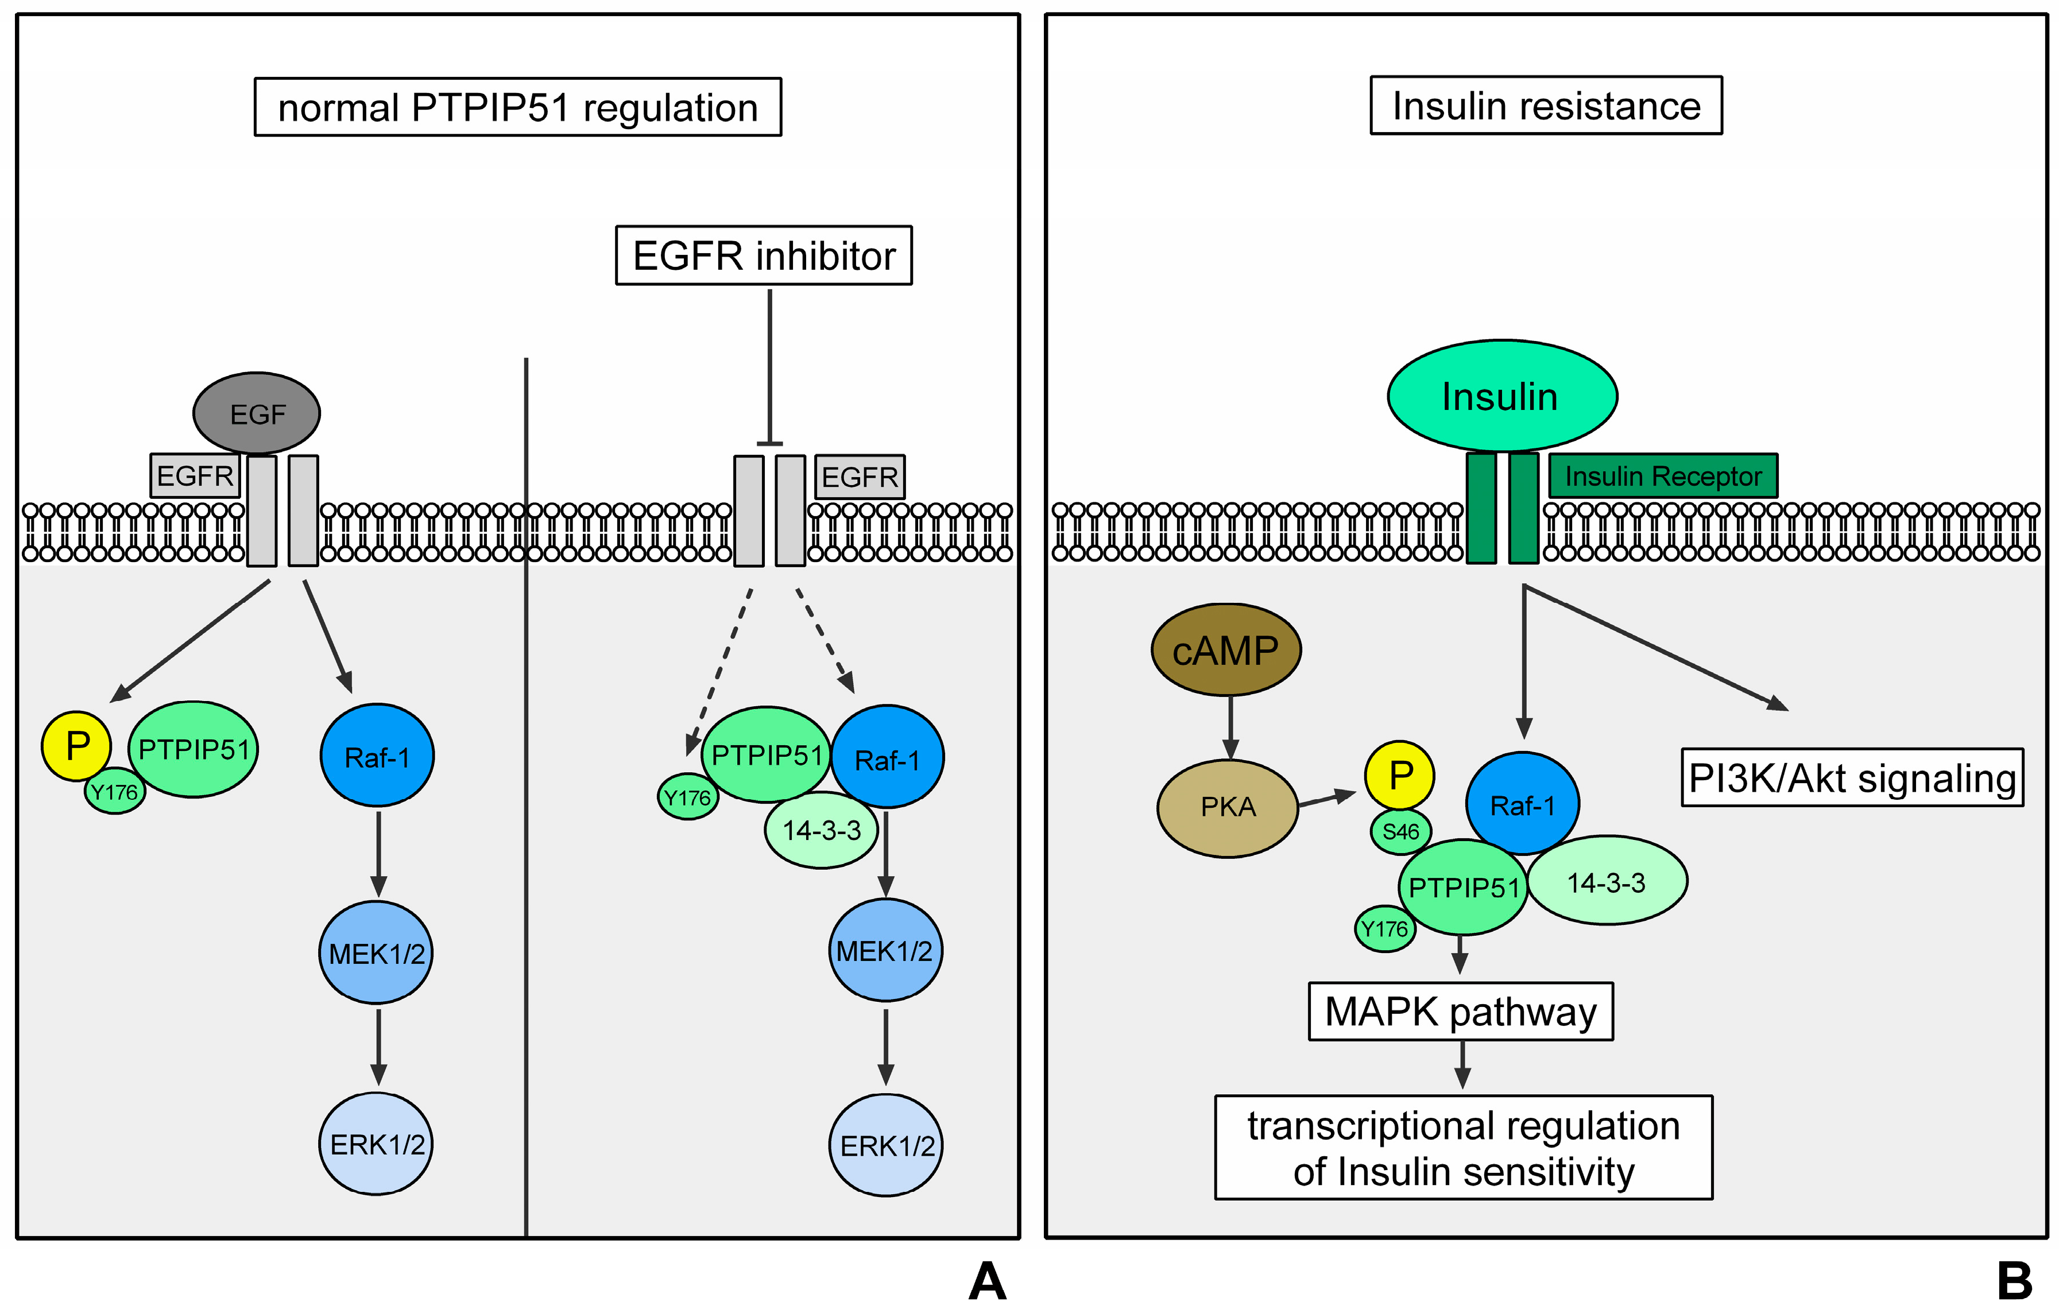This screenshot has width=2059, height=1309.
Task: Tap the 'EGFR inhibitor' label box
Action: pos(764,255)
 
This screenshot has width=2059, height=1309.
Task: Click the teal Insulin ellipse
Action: pos(1501,396)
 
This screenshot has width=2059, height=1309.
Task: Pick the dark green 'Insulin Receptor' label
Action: pos(1662,476)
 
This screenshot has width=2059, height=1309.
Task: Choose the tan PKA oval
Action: pos(1228,807)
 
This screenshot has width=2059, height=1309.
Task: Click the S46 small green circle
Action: pos(1400,831)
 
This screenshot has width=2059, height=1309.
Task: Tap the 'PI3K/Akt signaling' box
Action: pos(1852,778)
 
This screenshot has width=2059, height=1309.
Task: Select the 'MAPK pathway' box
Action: pos(1461,1012)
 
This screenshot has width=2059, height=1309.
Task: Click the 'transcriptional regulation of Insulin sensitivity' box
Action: pos(1463,1148)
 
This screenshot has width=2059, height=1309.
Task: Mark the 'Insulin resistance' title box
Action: pos(1546,106)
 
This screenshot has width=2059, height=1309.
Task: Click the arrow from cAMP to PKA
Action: pos(1229,727)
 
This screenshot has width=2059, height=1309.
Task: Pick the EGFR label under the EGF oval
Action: pos(195,475)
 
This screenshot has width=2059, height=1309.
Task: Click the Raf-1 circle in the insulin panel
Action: pos(1523,804)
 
